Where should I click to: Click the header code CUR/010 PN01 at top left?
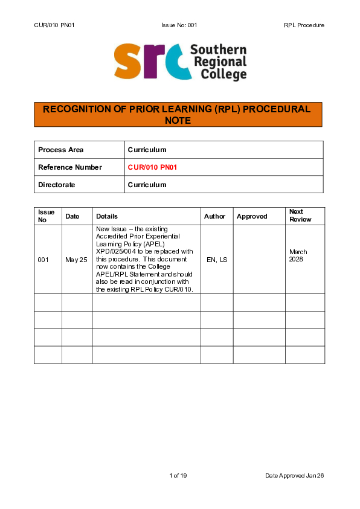(54, 25)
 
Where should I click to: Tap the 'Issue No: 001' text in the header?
(179, 25)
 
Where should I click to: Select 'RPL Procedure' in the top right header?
(304, 25)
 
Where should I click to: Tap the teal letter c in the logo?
(174, 63)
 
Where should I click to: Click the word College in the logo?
(219, 74)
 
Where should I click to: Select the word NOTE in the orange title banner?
(178, 120)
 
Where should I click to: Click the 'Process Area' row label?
(61, 150)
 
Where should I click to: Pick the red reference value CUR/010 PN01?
(152, 167)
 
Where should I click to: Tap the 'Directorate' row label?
(57, 185)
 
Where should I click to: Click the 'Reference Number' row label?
(70, 167)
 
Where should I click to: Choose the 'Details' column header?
(107, 216)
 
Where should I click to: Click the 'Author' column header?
(214, 216)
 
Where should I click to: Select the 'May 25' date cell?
(77, 260)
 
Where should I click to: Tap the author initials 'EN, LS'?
(216, 260)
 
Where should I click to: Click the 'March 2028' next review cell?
(298, 255)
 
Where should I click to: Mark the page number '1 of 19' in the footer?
(178, 476)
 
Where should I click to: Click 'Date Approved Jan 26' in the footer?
(295, 476)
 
